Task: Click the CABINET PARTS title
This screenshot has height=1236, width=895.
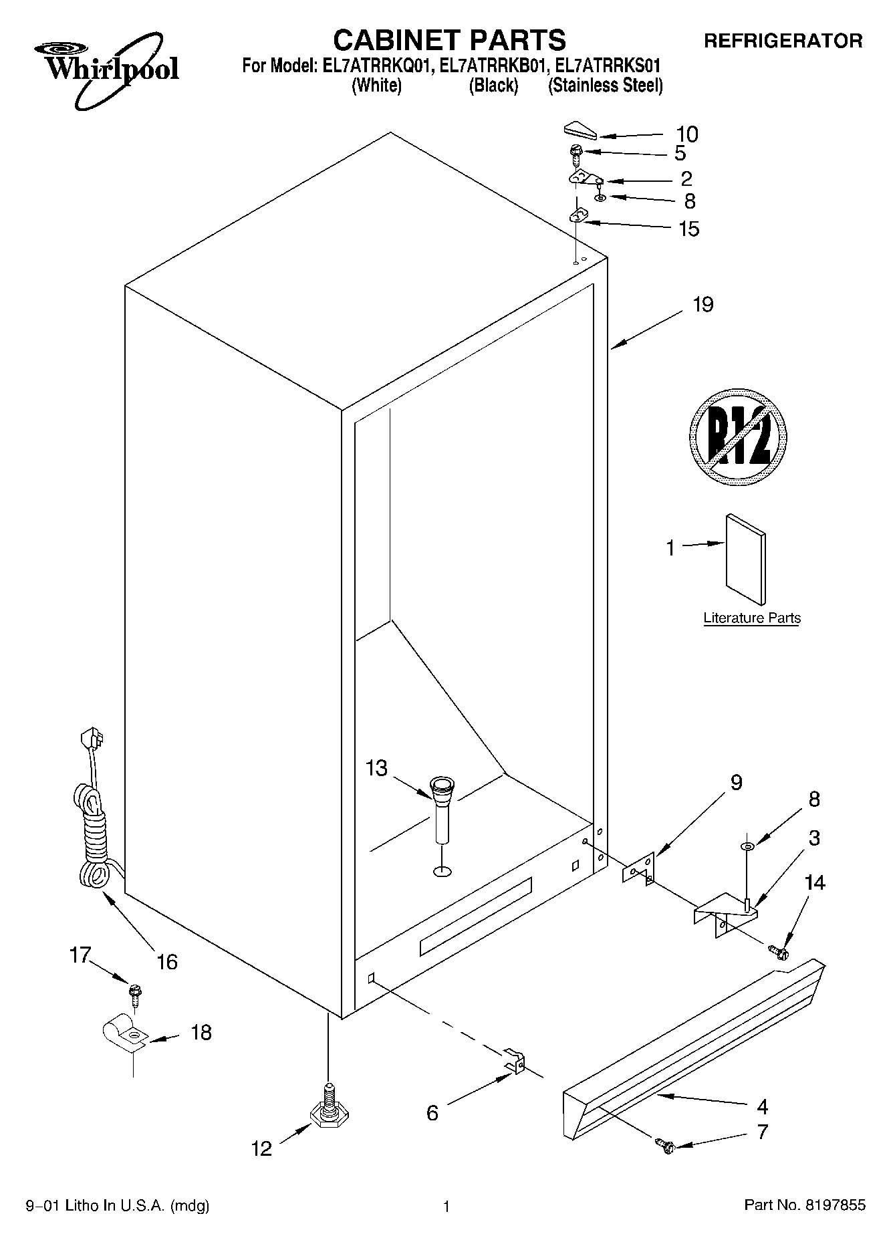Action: coord(449,40)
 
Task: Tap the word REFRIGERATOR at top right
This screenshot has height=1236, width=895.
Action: coord(783,41)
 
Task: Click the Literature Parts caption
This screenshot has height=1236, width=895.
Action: coord(751,618)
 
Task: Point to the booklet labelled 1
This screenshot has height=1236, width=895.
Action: coord(746,558)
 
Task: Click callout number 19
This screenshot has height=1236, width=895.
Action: coord(702,305)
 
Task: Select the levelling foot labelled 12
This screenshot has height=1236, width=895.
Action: coord(330,1111)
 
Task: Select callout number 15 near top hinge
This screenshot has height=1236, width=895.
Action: coord(688,229)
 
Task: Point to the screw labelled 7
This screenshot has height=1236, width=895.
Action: coord(666,1145)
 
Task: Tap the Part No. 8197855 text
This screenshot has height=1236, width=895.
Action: coord(805,1206)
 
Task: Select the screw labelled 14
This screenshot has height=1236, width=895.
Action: coord(778,950)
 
